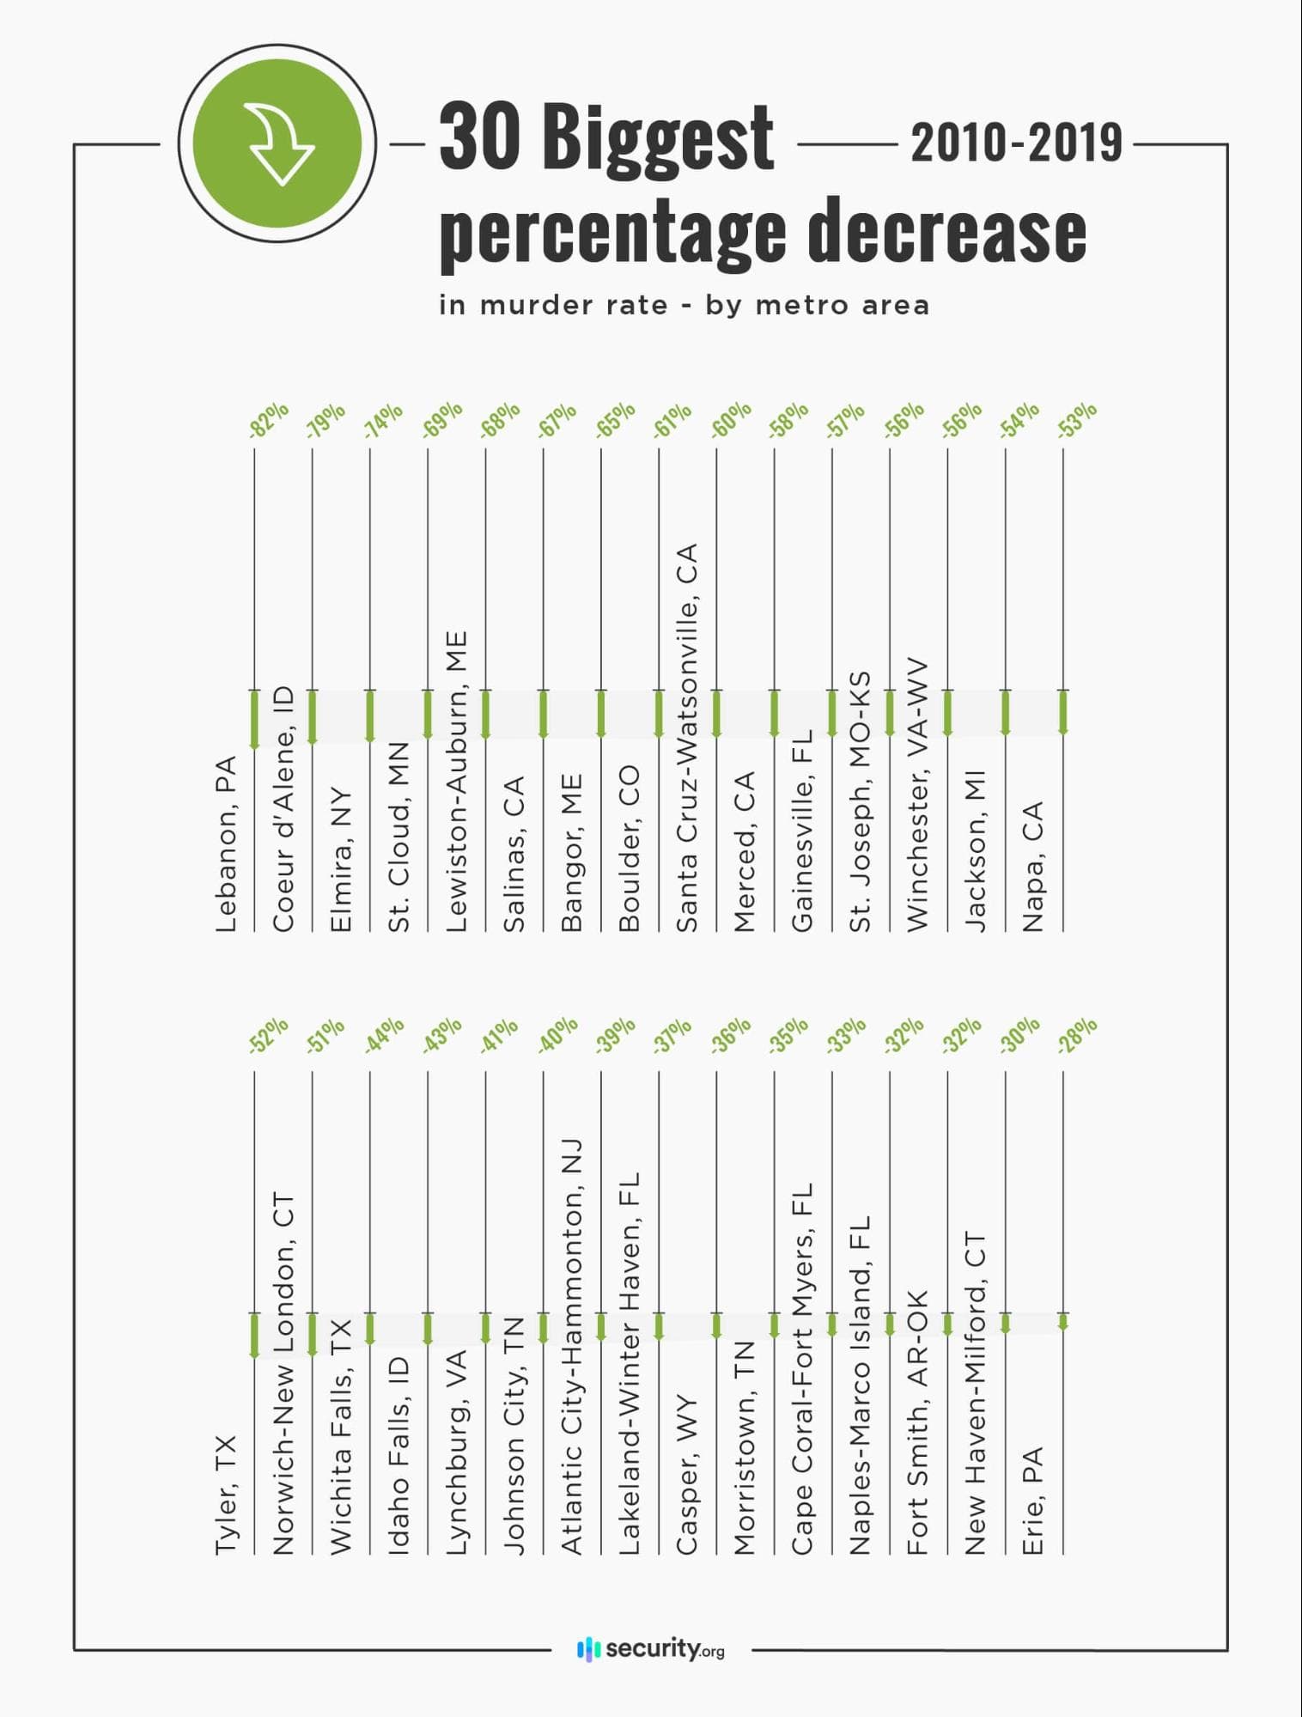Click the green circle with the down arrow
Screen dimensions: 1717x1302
pyautogui.click(x=277, y=143)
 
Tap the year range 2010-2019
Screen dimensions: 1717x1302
pyautogui.click(x=1016, y=143)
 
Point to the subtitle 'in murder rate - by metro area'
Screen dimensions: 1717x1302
pyautogui.click(x=684, y=305)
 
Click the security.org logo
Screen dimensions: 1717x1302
pyautogui.click(x=651, y=1649)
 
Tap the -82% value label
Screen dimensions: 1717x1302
pyautogui.click(x=269, y=421)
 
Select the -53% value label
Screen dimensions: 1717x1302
pyautogui.click(x=1077, y=421)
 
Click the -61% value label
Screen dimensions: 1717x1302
pyautogui.click(x=672, y=421)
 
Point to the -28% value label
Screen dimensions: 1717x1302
pyautogui.click(x=1077, y=1036)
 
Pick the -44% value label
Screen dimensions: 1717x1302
pyautogui.click(x=384, y=1036)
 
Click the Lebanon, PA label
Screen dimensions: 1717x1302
pyautogui.click(x=226, y=844)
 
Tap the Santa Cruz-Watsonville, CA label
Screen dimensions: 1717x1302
pyautogui.click(x=687, y=737)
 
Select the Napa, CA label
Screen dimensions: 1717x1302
pyautogui.click(x=1033, y=866)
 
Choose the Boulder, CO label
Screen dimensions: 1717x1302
pyautogui.click(x=630, y=848)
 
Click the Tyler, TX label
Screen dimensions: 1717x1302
pyautogui.click(x=226, y=1495)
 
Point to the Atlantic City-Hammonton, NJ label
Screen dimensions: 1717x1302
pyautogui.click(x=572, y=1346)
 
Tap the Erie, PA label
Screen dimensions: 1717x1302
pyautogui.click(x=1033, y=1501)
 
